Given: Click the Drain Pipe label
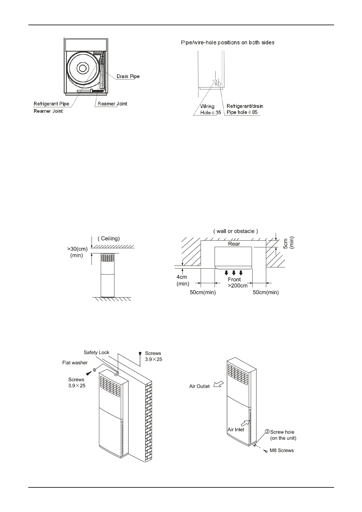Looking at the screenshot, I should coord(128,76).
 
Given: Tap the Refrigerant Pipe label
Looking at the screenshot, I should coord(51,104).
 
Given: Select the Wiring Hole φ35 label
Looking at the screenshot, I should coord(210,109).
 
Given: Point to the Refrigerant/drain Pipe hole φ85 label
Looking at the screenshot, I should coord(245,109).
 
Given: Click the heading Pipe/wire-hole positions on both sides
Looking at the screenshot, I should coord(228,43).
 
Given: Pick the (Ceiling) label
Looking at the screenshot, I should coord(109,239).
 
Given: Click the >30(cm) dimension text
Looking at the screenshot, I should coord(77,249).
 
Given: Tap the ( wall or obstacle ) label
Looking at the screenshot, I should coord(236,231).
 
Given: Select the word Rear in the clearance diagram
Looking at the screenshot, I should coord(234,244).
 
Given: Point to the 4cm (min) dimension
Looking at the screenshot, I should coord(182,280).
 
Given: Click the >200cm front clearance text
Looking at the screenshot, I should coord(237,286).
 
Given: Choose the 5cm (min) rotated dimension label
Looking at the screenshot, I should coord(288,243).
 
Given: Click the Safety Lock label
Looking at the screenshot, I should coord(96,352).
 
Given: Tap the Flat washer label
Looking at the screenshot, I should coord(75,363).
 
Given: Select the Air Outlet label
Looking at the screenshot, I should coord(199,387).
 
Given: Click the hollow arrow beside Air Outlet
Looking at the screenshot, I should coord(218,385).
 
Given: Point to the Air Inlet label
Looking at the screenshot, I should coord(236,430).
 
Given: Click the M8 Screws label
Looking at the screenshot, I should coord(281,451).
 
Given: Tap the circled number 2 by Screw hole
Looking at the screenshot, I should coord(267,432).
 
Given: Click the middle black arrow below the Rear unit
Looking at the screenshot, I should coord(234,273).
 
